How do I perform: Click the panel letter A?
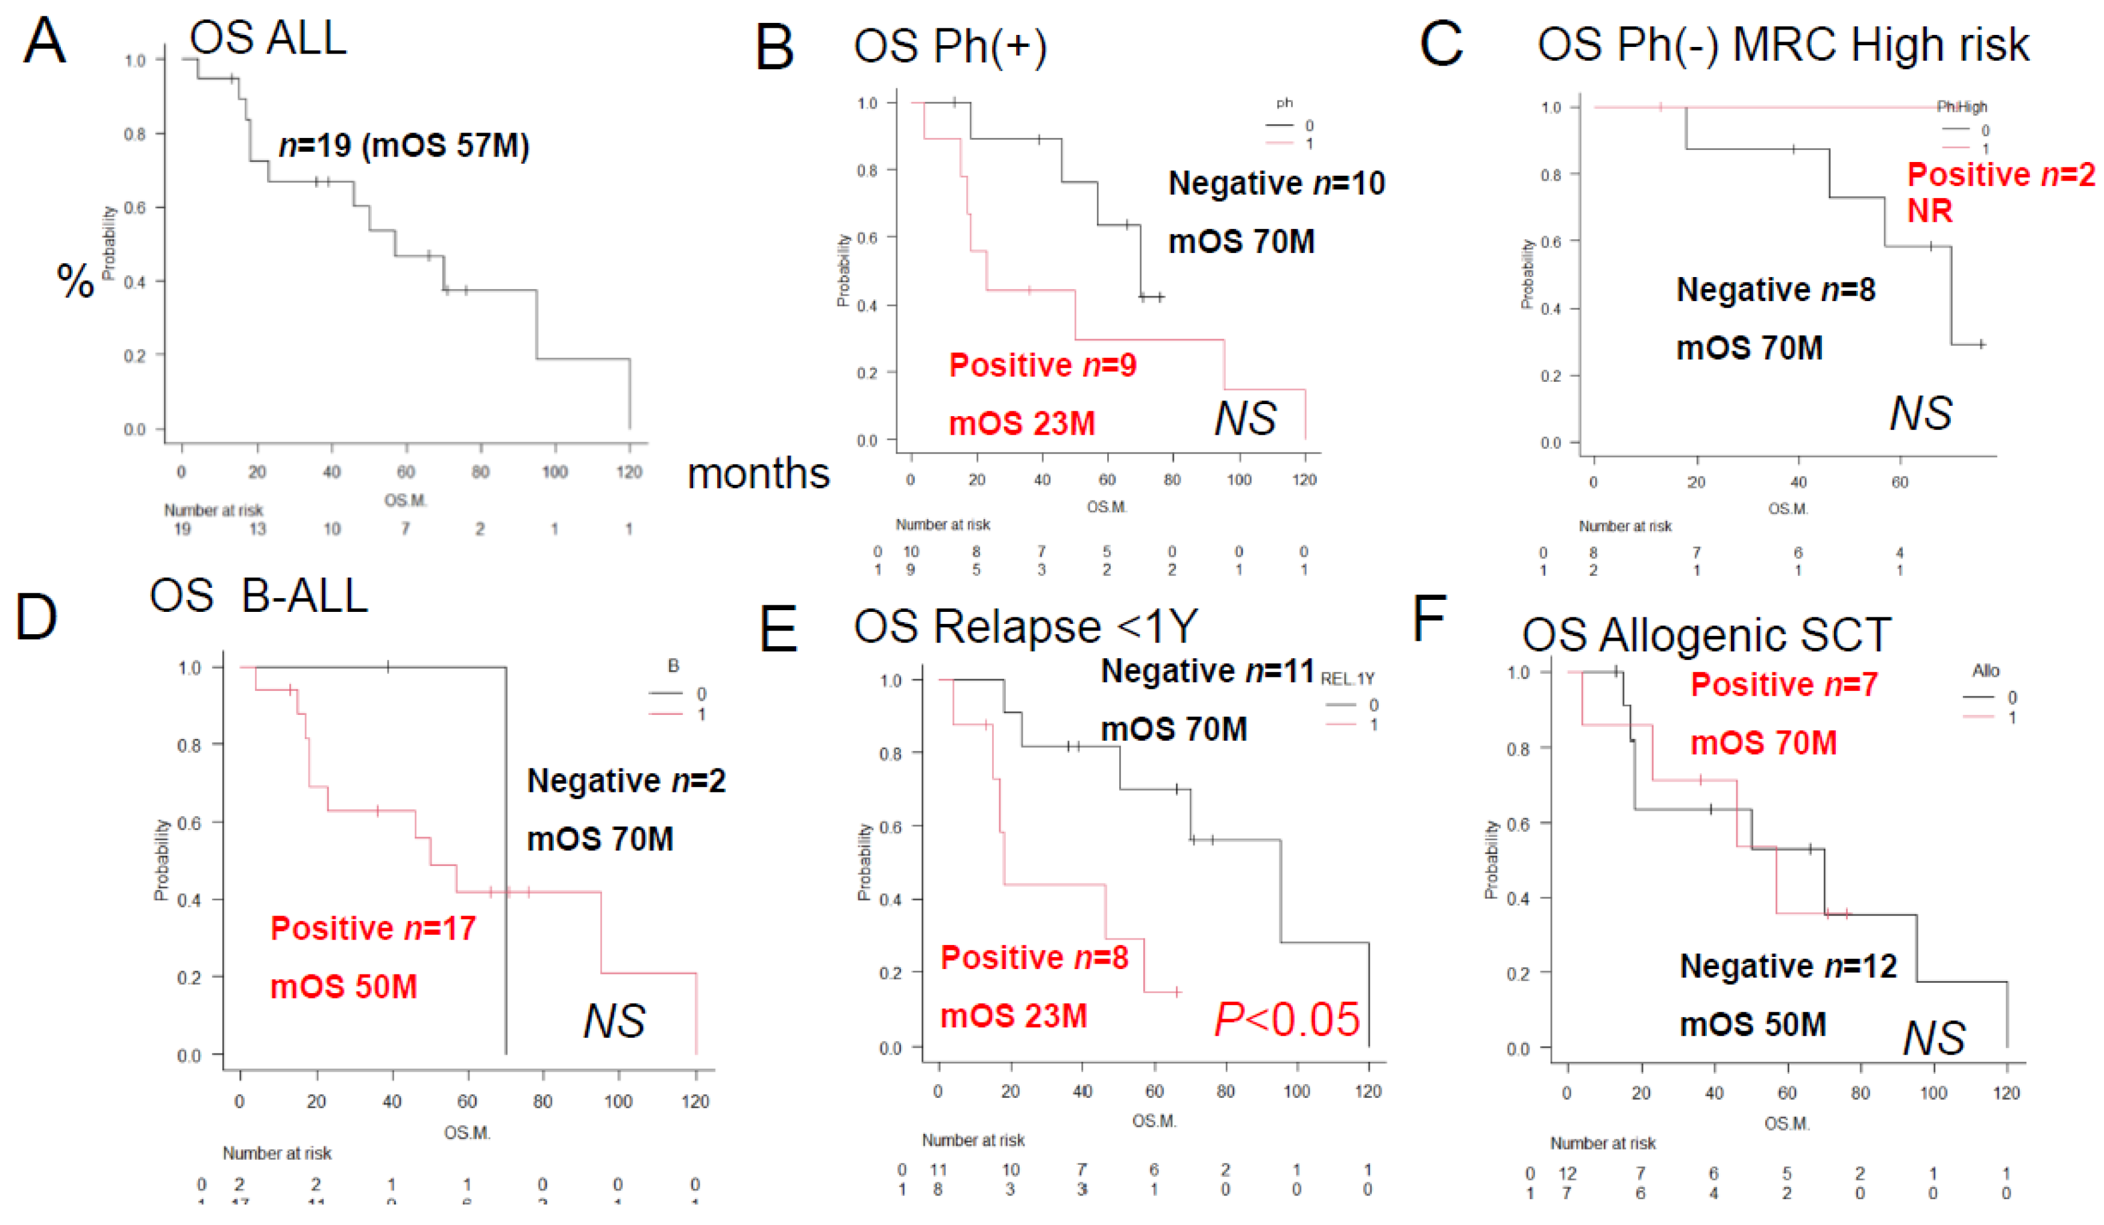(x=43, y=42)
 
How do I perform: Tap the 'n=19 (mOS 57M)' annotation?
(x=404, y=145)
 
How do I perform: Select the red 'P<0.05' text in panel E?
(x=1287, y=1019)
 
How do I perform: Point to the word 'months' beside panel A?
(x=758, y=473)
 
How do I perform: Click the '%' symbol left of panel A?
(x=75, y=281)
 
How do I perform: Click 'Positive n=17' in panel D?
(x=372, y=928)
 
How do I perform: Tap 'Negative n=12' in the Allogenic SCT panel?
(x=1788, y=965)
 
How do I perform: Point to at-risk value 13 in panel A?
(x=257, y=529)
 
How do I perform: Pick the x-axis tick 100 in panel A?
(x=554, y=472)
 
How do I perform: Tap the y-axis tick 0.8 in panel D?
(x=189, y=745)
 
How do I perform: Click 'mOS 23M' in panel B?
(x=1022, y=423)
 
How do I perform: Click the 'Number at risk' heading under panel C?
(x=1625, y=526)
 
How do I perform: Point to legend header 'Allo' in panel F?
(x=1985, y=671)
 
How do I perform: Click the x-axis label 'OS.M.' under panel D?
(x=466, y=1132)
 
